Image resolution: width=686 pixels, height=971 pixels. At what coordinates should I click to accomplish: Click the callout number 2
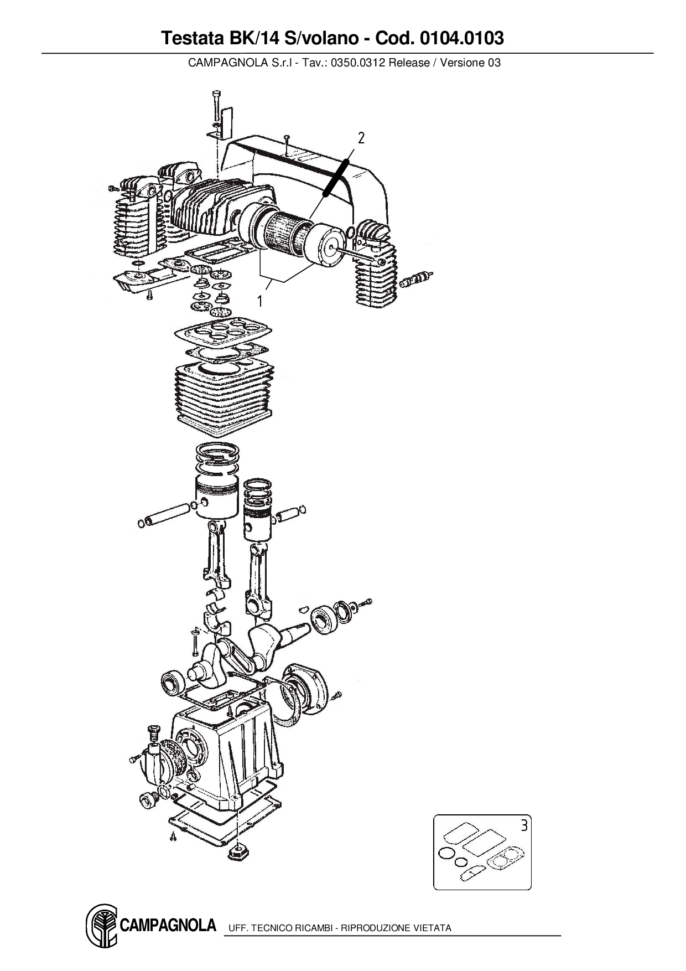pos(361,138)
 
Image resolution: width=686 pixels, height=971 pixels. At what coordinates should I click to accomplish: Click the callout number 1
pos(259,301)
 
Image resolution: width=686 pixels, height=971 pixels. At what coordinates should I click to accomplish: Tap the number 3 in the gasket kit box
pos(524,825)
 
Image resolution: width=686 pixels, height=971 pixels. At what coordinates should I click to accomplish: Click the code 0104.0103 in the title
pos(462,38)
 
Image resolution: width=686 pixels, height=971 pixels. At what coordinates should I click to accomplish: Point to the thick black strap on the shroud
pos(336,177)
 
